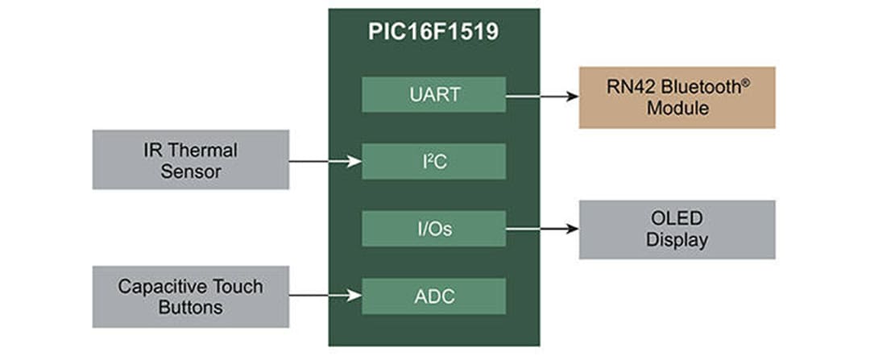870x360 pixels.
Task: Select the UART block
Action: coord(433,94)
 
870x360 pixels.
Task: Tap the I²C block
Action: coord(433,162)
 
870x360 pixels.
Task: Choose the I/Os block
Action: coord(433,229)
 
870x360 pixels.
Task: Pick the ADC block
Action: coord(433,296)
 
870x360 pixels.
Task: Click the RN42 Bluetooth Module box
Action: coord(677,97)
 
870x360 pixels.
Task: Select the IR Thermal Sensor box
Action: coord(190,159)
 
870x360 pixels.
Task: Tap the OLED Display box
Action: coord(677,230)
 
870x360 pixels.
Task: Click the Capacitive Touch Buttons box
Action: coord(190,296)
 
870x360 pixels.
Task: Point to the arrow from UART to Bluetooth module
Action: coord(542,96)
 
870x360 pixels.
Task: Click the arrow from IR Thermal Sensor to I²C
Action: coord(325,162)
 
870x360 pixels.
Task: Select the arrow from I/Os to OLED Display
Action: coord(542,229)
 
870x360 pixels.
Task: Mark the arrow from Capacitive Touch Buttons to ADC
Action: coord(325,296)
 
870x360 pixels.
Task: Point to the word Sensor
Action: coord(190,171)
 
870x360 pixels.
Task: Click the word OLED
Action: coord(677,219)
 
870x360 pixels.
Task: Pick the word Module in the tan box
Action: coord(677,108)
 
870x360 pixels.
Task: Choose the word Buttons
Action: coord(190,307)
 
